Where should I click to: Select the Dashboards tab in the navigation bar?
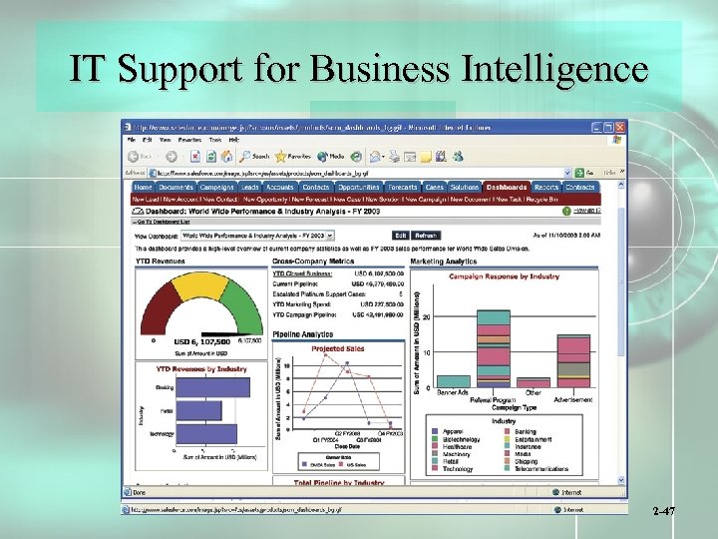[x=507, y=187]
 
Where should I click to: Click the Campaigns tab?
[x=216, y=187]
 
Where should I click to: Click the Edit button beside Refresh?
[x=399, y=236]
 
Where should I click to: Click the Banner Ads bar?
[x=455, y=381]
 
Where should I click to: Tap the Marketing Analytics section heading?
[x=444, y=261]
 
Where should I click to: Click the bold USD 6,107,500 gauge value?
[x=202, y=341]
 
